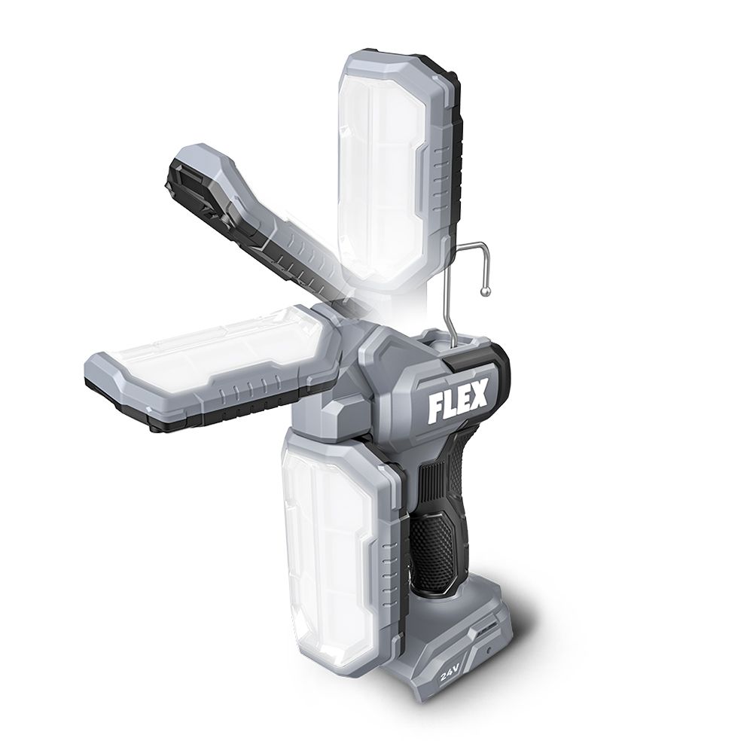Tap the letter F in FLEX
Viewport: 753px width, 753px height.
tap(435, 410)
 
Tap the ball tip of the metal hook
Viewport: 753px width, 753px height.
tap(486, 291)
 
